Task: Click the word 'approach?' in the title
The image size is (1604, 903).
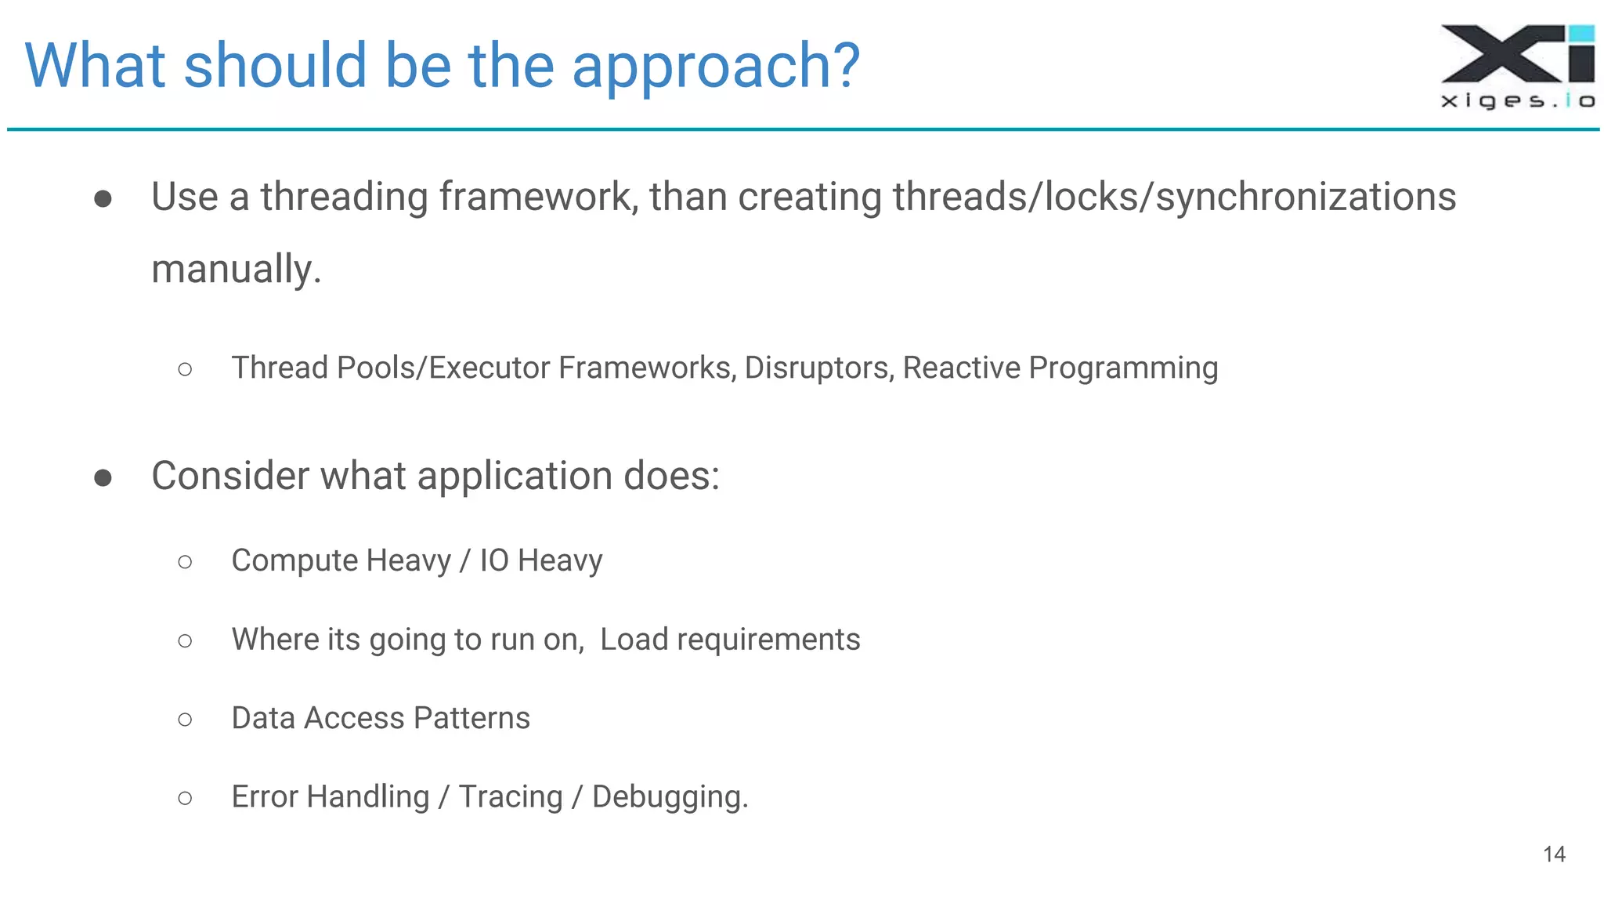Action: point(715,67)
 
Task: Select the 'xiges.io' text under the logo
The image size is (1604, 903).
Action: point(1517,101)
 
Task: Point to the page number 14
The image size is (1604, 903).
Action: point(1554,854)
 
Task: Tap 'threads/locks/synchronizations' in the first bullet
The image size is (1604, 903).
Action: point(1174,197)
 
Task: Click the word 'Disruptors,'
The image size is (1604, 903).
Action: point(819,368)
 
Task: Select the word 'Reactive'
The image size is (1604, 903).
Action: point(962,368)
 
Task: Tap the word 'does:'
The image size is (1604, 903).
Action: point(671,476)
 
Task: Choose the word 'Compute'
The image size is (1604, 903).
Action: point(294,560)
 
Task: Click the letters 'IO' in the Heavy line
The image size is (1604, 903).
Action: point(494,560)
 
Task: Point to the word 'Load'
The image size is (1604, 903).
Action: point(634,640)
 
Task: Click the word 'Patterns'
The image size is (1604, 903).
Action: point(471,718)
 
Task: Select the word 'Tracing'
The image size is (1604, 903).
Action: point(511,797)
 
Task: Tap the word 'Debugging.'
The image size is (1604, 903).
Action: point(670,797)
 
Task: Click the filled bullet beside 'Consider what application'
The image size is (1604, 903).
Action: point(103,477)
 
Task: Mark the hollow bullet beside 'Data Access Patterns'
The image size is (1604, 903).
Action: point(185,720)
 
